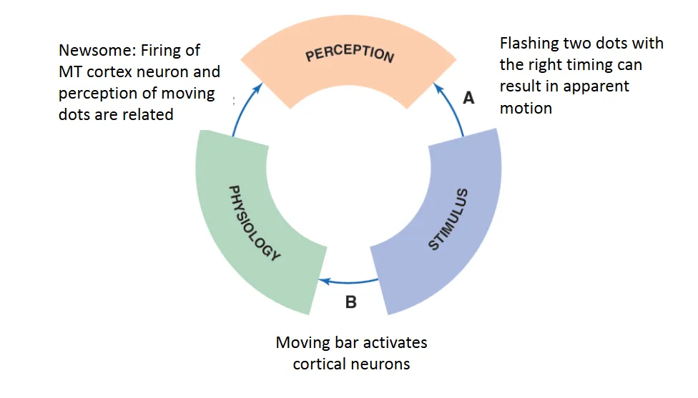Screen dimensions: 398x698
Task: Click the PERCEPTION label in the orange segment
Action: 349,55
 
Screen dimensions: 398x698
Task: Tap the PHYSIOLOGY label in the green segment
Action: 255,223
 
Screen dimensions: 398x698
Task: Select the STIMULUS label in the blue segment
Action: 448,219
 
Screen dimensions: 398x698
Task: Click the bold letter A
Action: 468,99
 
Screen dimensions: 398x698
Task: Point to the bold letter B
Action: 350,302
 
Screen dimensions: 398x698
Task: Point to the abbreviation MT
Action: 72,72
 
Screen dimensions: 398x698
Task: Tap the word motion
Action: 526,109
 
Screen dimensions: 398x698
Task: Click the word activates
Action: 391,342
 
